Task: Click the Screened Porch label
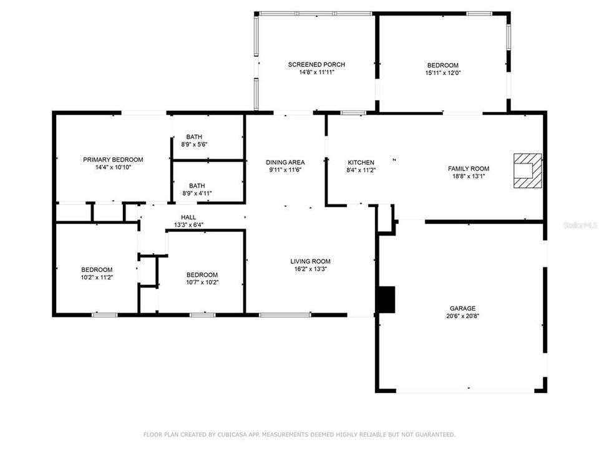[316, 64]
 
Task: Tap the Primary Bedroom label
[113, 159]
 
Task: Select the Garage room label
[462, 308]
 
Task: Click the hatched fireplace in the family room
[528, 171]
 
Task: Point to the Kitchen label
[361, 162]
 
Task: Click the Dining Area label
[285, 162]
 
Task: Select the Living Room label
[310, 261]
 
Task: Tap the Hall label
[188, 217]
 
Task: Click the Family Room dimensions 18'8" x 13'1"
[469, 176]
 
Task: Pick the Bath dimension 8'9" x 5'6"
[194, 144]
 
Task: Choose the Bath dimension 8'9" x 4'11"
[197, 194]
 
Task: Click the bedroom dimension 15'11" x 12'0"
[443, 73]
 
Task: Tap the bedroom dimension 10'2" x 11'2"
[97, 277]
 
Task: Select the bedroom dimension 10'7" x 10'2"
[202, 282]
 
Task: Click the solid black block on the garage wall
[386, 299]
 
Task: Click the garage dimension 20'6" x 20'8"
[462, 316]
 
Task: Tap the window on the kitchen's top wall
[353, 113]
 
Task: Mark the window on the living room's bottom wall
[285, 315]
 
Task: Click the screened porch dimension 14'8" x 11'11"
[316, 72]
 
